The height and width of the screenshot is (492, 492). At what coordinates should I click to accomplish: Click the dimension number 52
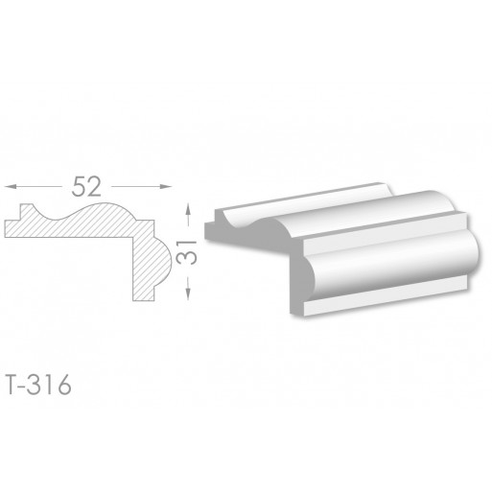click(x=86, y=187)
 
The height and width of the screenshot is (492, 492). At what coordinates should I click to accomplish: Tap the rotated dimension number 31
click(x=186, y=252)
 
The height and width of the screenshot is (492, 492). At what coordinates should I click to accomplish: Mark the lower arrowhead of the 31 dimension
click(x=188, y=294)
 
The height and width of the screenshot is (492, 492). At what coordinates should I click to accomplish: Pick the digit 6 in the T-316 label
click(x=64, y=385)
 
